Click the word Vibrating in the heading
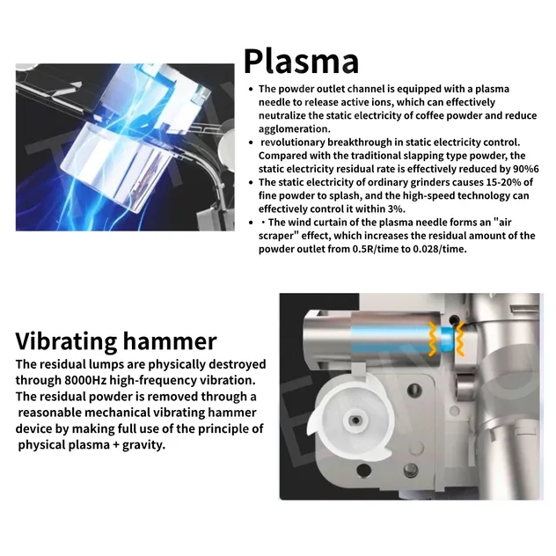click(66, 341)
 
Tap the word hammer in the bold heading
click(170, 341)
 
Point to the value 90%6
click(526, 169)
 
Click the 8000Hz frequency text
click(85, 380)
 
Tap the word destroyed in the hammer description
click(238, 364)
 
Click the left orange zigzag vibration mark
click(434, 339)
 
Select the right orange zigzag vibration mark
click(459, 339)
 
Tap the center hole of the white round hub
click(355, 421)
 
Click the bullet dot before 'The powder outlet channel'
click(251, 89)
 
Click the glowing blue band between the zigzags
click(446, 339)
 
